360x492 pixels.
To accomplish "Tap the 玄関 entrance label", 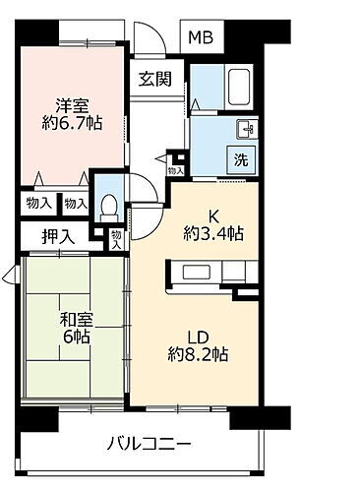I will pyautogui.click(x=155, y=80).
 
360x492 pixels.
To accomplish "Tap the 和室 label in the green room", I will pyautogui.click(x=53, y=318).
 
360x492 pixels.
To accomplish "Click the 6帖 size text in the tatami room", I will pyautogui.click(x=54, y=338).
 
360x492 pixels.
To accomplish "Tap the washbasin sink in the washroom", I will pyautogui.click(x=244, y=128).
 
